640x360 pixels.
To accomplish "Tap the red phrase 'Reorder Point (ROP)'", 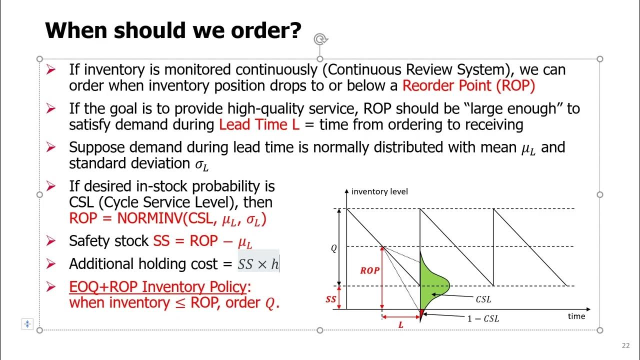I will tap(468, 85).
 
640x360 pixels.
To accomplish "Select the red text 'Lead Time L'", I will tap(259, 124).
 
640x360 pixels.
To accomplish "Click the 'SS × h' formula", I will tap(258, 264).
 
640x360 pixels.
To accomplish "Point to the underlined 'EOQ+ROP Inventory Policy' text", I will tap(158, 287).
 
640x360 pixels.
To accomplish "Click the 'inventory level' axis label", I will tap(379, 191).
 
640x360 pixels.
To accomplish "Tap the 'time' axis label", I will tap(576, 316).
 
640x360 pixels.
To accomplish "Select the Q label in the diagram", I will tap(334, 248).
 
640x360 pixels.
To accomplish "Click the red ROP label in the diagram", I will tap(369, 270).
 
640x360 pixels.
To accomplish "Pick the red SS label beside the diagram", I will tap(330, 299).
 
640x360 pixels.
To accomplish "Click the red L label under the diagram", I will tap(400, 325).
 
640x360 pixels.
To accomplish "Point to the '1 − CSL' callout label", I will tap(483, 318).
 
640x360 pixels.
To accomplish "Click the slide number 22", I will tap(625, 345).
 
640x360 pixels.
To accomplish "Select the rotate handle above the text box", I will tap(320, 39).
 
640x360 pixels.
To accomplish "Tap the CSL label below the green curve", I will tap(483, 299).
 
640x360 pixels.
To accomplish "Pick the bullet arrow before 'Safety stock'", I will tap(50, 241).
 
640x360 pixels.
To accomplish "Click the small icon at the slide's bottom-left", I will tap(27, 324).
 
